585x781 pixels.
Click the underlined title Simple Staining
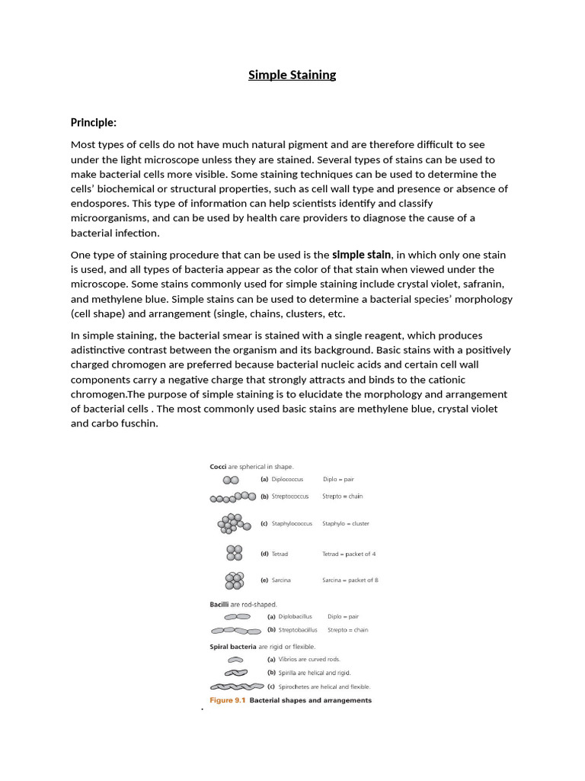coord(292,75)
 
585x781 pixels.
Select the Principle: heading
coord(94,122)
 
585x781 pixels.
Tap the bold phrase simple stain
coord(362,255)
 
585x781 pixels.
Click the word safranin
coord(483,284)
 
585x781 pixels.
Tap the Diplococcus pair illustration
coord(231,480)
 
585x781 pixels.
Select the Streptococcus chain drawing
coord(233,497)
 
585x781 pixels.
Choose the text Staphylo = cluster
coord(346,524)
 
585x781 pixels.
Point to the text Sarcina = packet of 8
coord(350,580)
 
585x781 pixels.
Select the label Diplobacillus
coord(295,616)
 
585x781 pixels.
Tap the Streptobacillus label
coord(298,630)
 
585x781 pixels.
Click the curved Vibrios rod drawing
coord(236,660)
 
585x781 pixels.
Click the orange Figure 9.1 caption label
coord(227,700)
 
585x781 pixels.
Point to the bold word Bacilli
coord(220,604)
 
